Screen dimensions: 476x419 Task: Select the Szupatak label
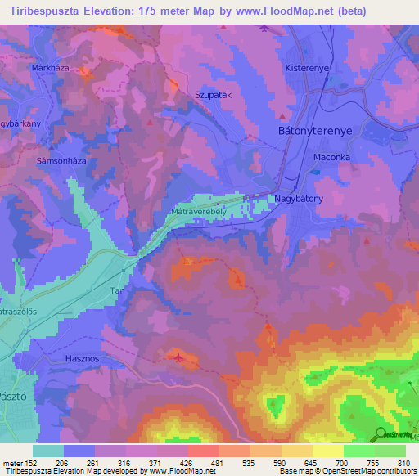(x=211, y=95)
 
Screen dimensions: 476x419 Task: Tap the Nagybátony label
(x=298, y=199)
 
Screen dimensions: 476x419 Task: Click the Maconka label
(x=332, y=157)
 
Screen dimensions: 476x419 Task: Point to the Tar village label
(x=115, y=290)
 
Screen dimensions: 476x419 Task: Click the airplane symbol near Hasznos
(x=180, y=357)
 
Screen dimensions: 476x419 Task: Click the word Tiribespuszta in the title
(x=48, y=11)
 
